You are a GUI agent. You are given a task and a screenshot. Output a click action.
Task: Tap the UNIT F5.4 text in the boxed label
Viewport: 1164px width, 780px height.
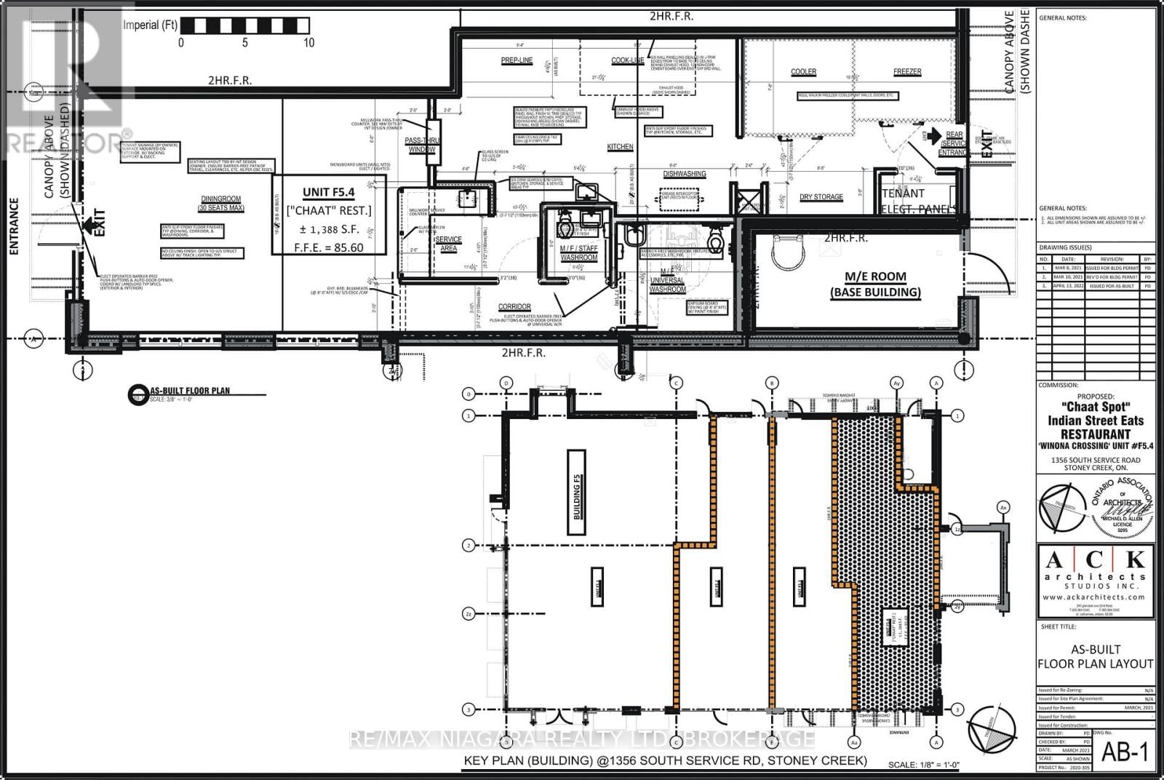tap(328, 192)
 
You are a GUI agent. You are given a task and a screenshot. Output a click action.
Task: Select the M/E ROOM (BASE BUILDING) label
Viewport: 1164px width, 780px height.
tap(875, 284)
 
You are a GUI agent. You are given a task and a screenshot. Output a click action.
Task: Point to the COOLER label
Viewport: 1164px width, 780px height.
tap(803, 72)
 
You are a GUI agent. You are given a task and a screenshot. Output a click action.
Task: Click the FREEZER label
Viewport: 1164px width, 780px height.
tap(907, 72)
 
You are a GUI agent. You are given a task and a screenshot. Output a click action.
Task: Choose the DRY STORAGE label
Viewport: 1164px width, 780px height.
tap(821, 197)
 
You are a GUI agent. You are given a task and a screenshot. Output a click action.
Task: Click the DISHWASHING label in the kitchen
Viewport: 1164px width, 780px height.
tap(684, 174)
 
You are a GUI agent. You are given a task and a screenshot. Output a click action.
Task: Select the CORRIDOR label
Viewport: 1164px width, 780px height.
tap(514, 306)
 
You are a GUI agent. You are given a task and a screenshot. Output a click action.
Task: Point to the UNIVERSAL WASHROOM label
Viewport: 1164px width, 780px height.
tap(667, 284)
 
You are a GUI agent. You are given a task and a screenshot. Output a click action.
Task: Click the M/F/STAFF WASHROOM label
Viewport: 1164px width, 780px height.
tap(578, 252)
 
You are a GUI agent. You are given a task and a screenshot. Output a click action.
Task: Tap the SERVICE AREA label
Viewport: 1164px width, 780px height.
tap(449, 244)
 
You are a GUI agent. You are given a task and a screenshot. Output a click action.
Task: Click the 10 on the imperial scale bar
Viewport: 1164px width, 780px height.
tap(308, 43)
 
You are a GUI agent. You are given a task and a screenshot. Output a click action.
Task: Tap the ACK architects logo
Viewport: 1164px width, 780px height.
tap(1094, 575)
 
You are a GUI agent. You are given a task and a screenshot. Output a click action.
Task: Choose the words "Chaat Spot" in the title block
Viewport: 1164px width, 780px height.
tap(1095, 407)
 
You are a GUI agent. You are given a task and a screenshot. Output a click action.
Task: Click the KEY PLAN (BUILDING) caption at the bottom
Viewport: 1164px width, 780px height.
tap(665, 760)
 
